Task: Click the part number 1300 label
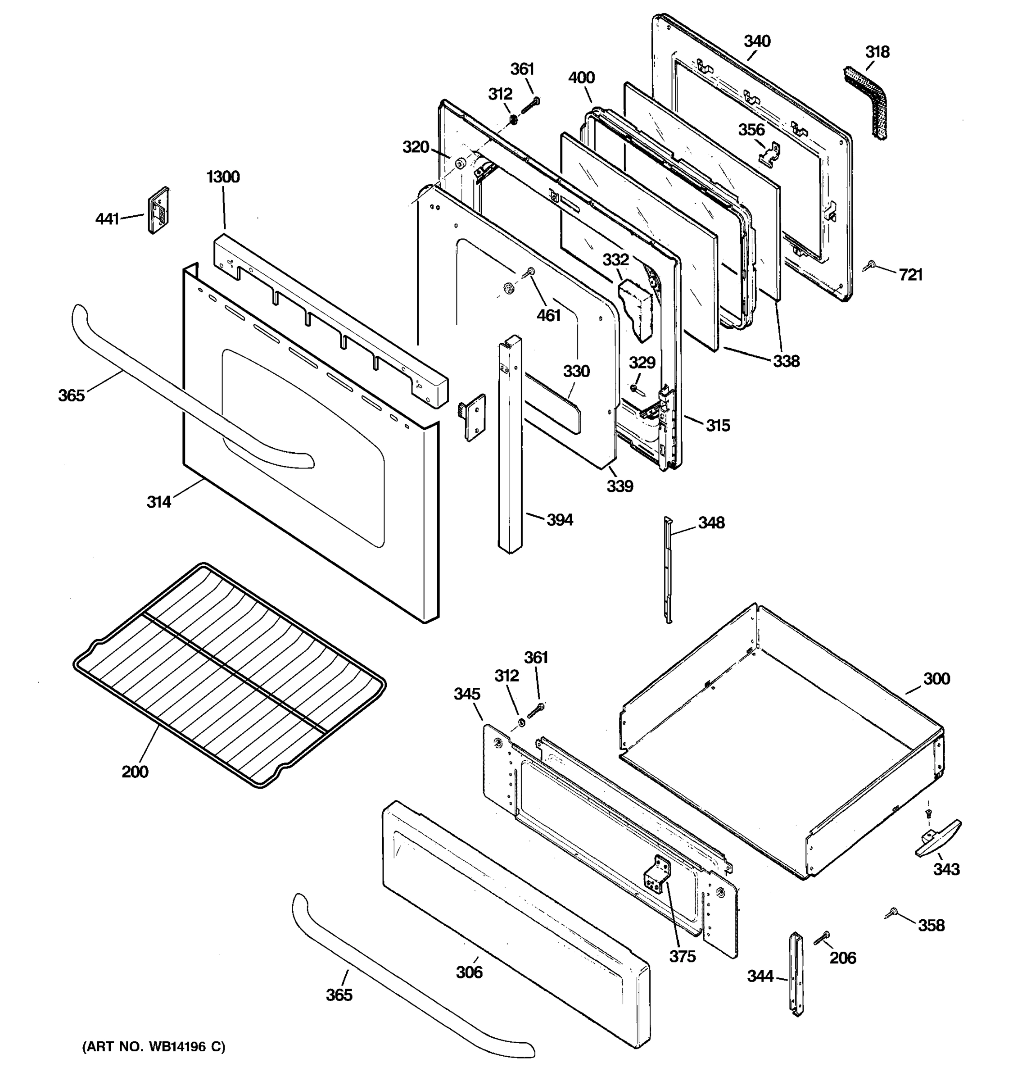(223, 177)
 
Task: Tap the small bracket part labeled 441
(158, 210)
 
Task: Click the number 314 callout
(158, 502)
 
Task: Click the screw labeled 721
(870, 265)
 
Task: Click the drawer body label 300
(936, 679)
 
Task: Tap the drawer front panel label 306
(469, 972)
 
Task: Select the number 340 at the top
(757, 41)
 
